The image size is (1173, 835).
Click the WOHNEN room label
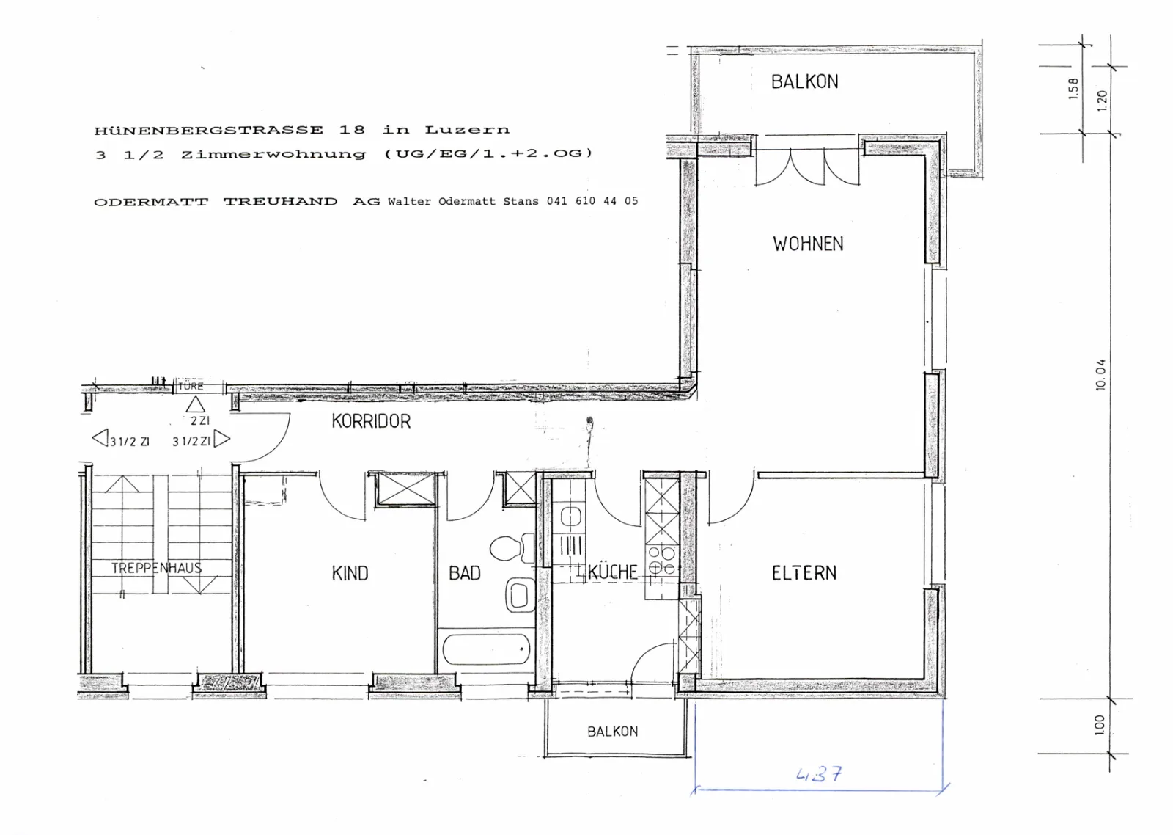pos(808,244)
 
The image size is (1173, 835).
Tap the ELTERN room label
pos(804,573)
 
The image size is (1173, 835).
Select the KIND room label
pos(350,574)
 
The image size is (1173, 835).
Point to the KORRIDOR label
pos(371,421)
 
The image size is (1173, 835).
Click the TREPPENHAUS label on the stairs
pos(156,568)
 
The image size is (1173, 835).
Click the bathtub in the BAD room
pos(486,649)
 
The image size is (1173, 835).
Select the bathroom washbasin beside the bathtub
pos(520,595)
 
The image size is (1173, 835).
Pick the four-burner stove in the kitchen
pos(662,561)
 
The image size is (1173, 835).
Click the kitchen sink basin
pos(570,517)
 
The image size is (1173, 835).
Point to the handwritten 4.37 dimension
pos(819,774)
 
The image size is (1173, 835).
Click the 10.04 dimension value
pos(1100,375)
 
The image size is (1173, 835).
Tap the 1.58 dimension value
pos(1073,89)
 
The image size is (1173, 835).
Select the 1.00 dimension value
pos(1100,726)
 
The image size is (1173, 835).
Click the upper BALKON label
pos(804,81)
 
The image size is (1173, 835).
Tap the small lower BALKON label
pos(613,732)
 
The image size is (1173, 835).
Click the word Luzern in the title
pos(466,130)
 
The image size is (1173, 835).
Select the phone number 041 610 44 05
pos(592,201)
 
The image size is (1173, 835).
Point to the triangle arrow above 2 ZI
pos(195,404)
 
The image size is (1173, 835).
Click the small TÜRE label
pos(191,386)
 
